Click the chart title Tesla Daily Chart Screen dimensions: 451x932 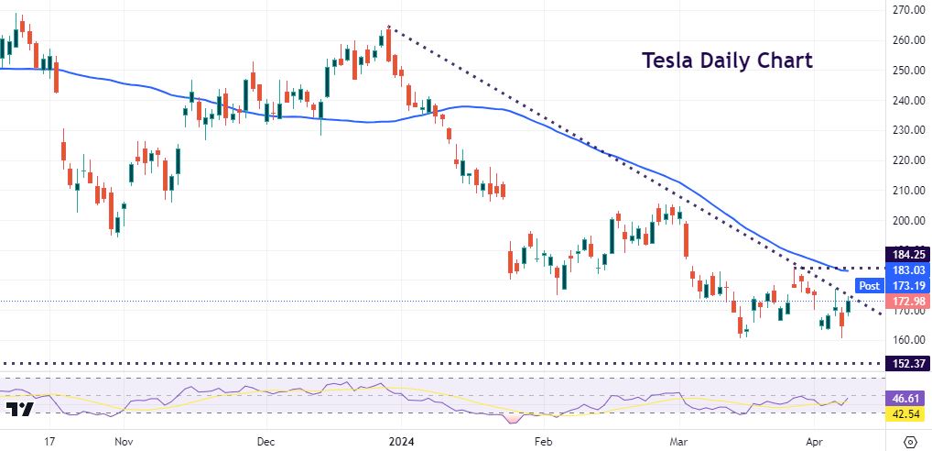pos(726,60)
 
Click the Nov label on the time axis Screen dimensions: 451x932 pos(125,440)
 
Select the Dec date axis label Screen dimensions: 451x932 pos(266,440)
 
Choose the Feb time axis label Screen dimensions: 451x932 pos(544,440)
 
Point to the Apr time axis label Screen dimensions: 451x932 pos(816,440)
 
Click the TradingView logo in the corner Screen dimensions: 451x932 pos(19,409)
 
